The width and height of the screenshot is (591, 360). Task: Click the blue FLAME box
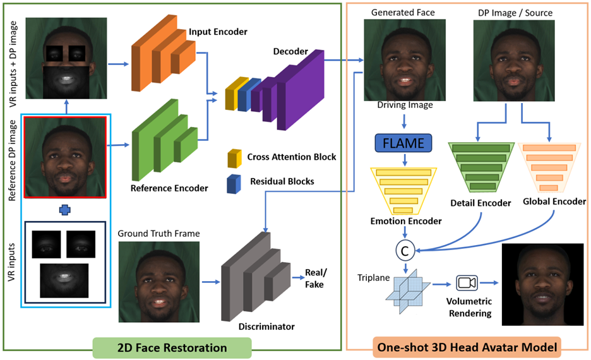(x=403, y=143)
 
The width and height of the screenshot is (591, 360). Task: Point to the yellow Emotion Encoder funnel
(x=404, y=189)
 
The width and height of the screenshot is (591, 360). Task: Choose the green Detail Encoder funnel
(x=481, y=165)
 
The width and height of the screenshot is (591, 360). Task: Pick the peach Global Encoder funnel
(x=552, y=165)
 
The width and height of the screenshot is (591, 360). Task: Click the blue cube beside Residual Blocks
(x=234, y=181)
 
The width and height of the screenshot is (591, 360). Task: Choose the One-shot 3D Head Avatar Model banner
(x=468, y=347)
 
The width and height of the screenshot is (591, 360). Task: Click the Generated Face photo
(x=405, y=59)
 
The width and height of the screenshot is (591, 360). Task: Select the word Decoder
(x=290, y=51)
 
